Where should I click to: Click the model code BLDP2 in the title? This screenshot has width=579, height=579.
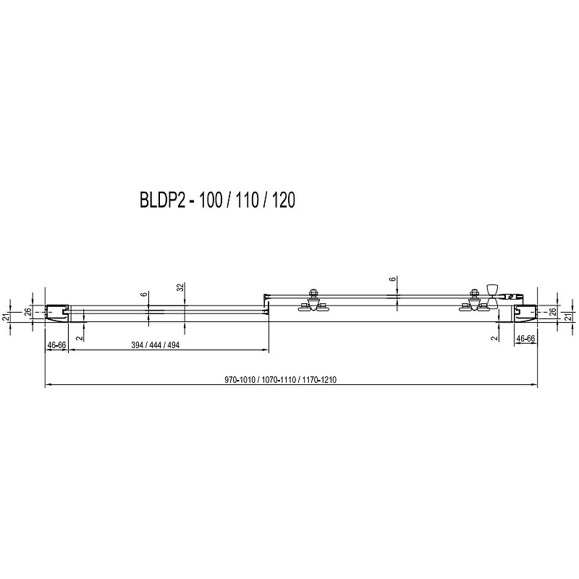[x=162, y=200]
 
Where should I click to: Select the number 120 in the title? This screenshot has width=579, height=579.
[x=283, y=200]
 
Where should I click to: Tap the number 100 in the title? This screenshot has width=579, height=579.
[x=211, y=200]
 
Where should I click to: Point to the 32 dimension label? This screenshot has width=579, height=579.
[x=179, y=287]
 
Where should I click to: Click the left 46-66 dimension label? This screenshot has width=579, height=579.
[x=56, y=345]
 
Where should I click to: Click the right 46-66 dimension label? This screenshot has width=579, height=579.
[x=525, y=338]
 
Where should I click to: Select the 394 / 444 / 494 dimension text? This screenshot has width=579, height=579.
[x=156, y=345]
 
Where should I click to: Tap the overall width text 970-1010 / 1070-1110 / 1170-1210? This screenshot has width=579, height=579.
[x=280, y=379]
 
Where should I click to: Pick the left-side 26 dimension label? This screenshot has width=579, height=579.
[x=27, y=313]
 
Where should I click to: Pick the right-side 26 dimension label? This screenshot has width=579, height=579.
[x=553, y=313]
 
